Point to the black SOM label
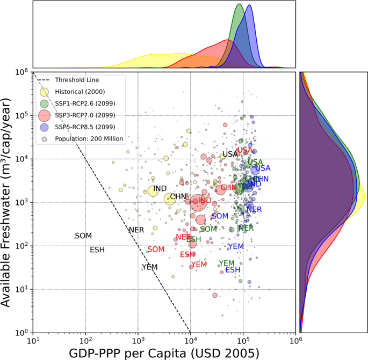point(83,236)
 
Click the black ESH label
point(97,250)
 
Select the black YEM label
point(150,267)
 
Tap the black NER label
point(136,230)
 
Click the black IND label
point(160,189)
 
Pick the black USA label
point(230,154)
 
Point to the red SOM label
point(156,249)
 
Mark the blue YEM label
point(236,246)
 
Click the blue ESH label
point(233,269)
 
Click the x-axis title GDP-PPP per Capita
point(164,352)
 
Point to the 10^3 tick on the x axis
point(138,340)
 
